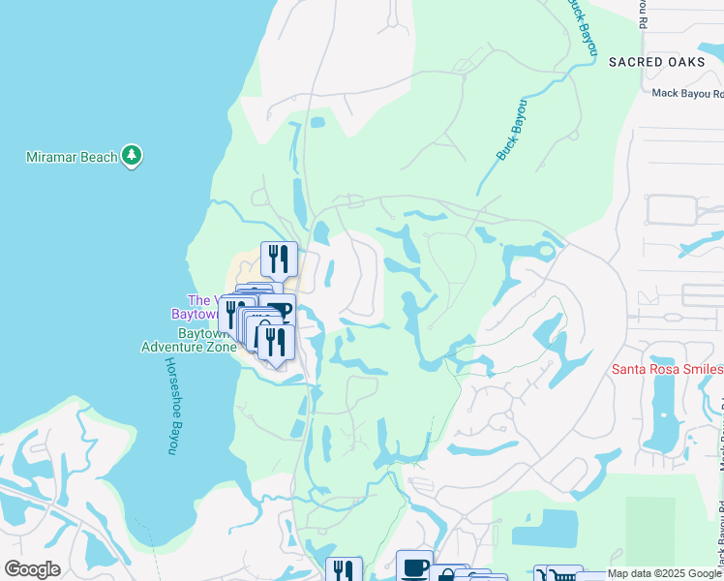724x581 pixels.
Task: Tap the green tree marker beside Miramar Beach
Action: coord(132,156)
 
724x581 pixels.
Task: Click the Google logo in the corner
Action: coord(32,569)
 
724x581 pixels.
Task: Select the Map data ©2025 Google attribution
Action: coord(664,573)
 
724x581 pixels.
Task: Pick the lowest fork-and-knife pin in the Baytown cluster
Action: coord(277,342)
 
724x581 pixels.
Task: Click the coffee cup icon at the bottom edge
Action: coord(414,566)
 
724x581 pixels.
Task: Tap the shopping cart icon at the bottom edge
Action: coord(563,574)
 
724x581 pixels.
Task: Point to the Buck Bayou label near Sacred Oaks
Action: coord(579,25)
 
